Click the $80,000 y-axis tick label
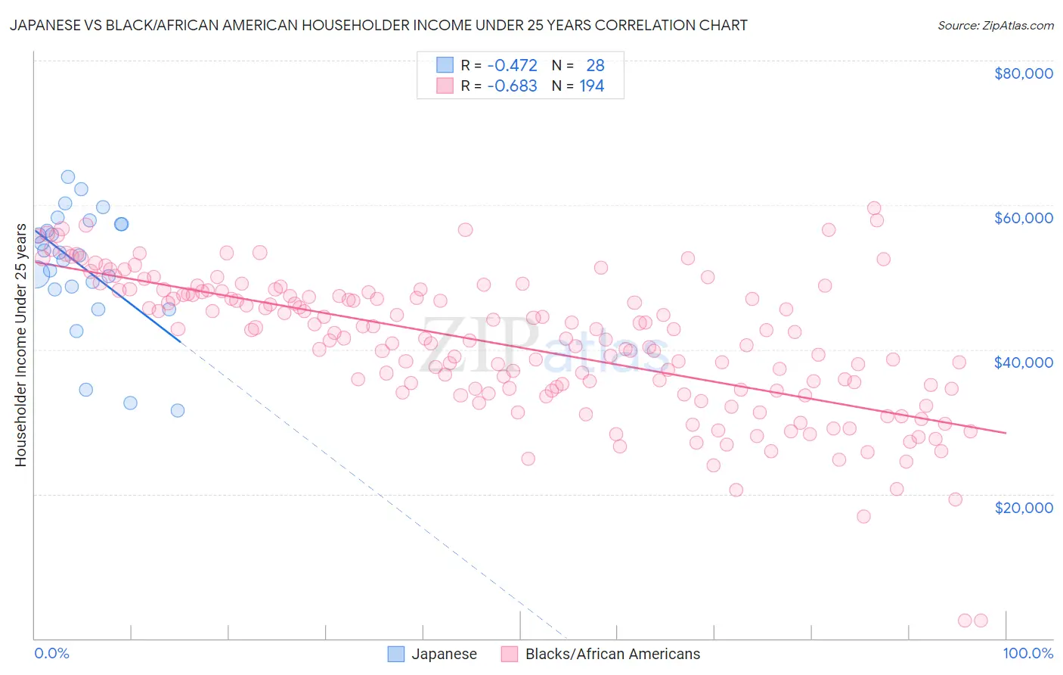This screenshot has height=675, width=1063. coord(1023,73)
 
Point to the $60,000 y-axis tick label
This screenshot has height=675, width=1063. coord(1023,218)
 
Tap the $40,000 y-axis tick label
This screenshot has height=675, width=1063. coord(1023,362)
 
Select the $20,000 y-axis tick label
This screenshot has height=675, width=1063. coord(1023,507)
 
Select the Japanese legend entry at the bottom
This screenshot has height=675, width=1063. coord(443,654)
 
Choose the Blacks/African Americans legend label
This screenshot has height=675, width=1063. coord(612,654)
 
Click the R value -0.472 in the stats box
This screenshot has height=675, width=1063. coord(512,65)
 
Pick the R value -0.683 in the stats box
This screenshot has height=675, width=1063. coord(512,86)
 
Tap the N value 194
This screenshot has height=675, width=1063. coord(591,86)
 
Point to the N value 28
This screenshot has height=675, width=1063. coord(595,65)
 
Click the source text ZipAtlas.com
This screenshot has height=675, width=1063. coord(995,25)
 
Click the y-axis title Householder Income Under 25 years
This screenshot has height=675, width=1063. coord(20,344)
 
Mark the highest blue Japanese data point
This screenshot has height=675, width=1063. coord(67,177)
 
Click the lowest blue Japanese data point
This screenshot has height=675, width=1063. coord(178,410)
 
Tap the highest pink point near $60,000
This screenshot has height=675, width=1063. coord(874,208)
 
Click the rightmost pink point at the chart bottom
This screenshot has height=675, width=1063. coord(981,621)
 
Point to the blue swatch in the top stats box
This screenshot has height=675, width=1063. coord(445,65)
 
